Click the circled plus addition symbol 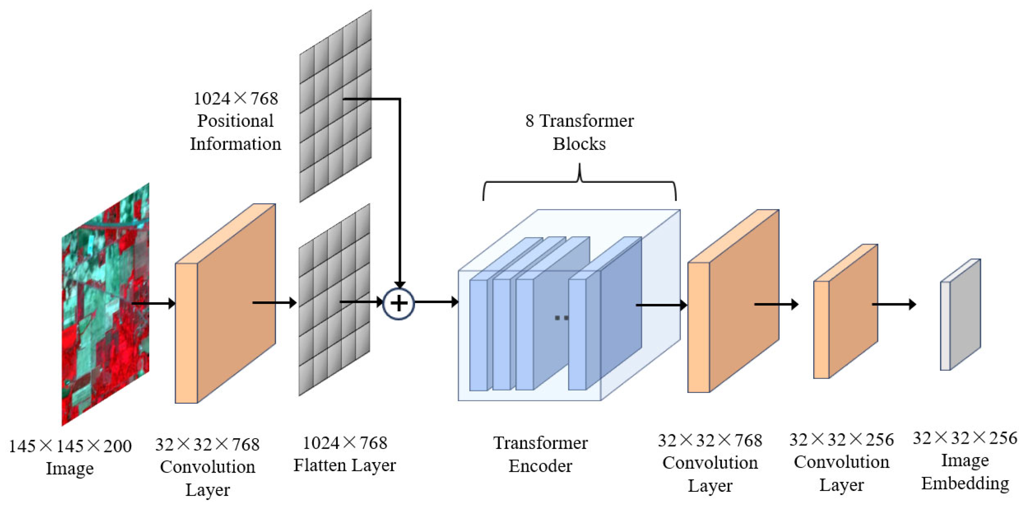click(x=399, y=304)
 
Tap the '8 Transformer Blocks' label click(x=580, y=132)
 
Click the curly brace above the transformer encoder click(x=580, y=183)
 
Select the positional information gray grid click(x=336, y=106)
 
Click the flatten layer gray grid click(x=334, y=300)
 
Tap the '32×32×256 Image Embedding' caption click(x=965, y=461)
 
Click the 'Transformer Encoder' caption click(x=540, y=454)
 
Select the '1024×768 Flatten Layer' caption click(x=345, y=454)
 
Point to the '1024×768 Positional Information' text click(x=235, y=121)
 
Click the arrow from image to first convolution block click(x=153, y=304)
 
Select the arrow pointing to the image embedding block click(x=894, y=304)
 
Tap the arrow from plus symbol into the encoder click(x=436, y=302)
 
